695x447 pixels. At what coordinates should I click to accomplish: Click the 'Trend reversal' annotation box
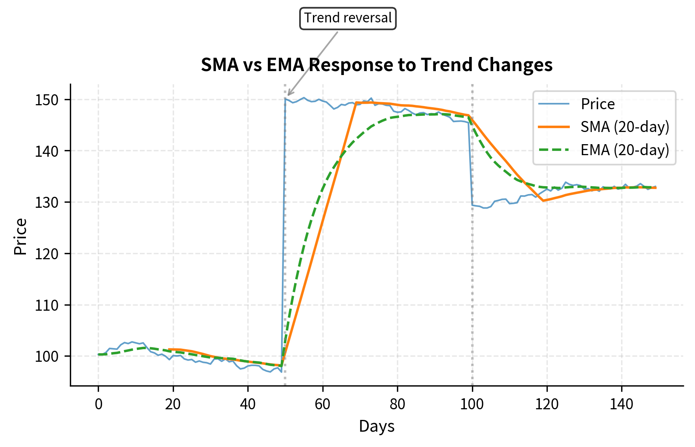point(348,18)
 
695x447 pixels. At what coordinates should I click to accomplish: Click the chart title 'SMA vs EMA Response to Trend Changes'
point(377,65)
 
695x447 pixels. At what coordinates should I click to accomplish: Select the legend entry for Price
point(597,104)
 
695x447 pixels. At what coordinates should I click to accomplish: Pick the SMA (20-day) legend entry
point(624,127)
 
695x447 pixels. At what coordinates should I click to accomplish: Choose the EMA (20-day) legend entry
point(624,150)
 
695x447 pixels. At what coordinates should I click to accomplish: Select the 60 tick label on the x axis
point(322,404)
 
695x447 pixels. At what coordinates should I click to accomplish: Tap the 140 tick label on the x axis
point(622,404)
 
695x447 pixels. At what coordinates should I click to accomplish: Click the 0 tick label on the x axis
point(98,404)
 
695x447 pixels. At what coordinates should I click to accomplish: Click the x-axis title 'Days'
point(377,426)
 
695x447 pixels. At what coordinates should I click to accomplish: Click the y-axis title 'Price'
point(20,237)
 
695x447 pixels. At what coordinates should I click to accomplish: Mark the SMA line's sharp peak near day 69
point(356,103)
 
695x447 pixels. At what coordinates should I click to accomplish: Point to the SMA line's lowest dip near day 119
point(543,201)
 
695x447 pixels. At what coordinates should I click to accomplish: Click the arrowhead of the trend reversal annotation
point(288,95)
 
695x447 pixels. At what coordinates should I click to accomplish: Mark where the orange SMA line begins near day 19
point(169,349)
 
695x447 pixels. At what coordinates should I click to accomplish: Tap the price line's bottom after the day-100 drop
point(485,208)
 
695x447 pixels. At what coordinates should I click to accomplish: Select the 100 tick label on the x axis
point(472,404)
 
